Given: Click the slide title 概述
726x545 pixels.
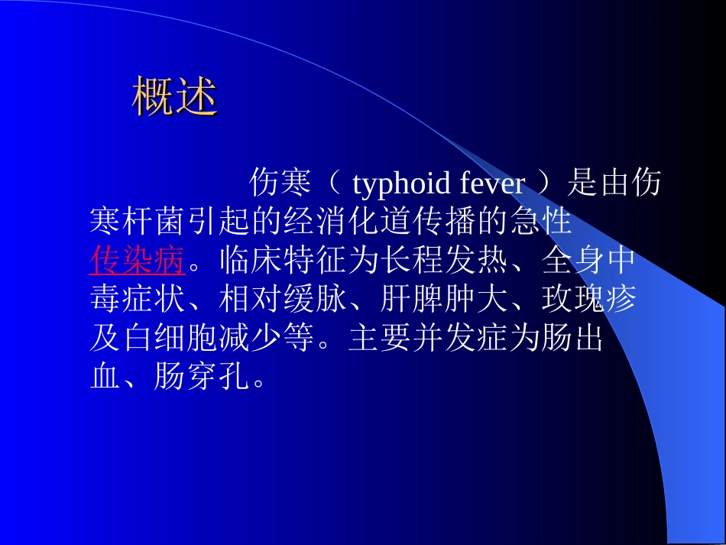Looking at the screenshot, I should [x=175, y=97].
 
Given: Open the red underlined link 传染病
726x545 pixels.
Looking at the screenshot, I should [x=137, y=261].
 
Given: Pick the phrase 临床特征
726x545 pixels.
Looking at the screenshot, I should [x=282, y=261].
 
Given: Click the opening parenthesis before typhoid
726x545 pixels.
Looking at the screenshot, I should [x=337, y=184].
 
